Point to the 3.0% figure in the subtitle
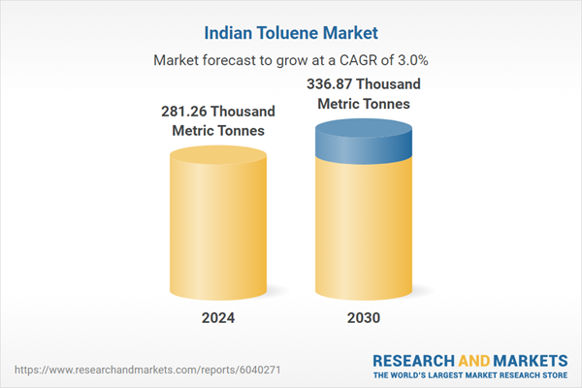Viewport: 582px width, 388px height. coord(410,60)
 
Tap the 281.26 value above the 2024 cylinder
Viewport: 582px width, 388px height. coord(187,112)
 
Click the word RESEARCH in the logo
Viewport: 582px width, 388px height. coord(415,357)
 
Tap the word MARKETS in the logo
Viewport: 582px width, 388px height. coord(528,357)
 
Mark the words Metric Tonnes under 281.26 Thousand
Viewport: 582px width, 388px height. coord(218,131)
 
